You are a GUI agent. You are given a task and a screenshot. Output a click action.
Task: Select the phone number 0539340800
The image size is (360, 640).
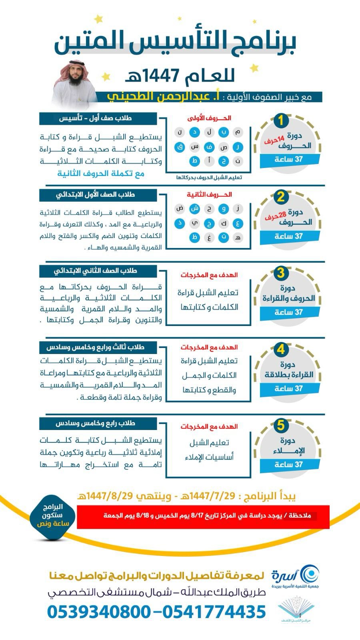click(x=99, y=612)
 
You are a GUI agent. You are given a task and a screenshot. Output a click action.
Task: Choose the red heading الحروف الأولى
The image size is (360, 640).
click(x=209, y=118)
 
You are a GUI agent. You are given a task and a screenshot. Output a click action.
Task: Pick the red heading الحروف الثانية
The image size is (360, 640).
click(x=209, y=194)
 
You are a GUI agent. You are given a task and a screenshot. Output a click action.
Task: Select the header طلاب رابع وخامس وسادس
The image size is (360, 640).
click(x=95, y=423)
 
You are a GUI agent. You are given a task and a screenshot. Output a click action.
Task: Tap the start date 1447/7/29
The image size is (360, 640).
click(x=207, y=496)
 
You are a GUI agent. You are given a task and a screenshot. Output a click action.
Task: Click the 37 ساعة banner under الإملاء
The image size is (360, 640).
click(x=288, y=464)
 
